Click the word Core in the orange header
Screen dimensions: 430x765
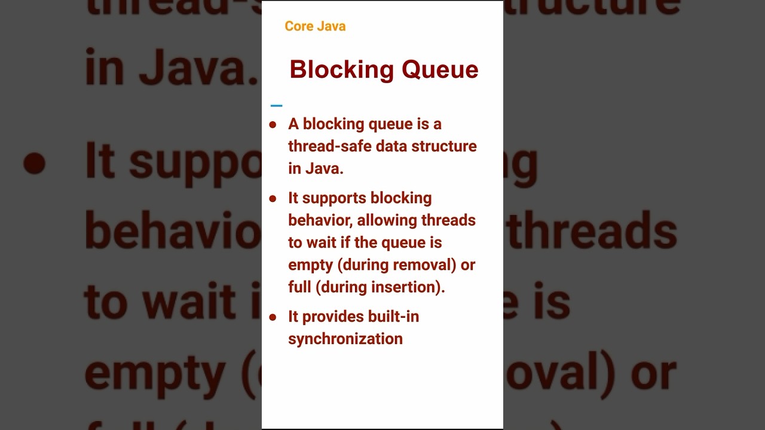[298, 26]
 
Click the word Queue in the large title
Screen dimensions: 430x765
[440, 69]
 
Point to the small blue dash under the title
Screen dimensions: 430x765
[276, 106]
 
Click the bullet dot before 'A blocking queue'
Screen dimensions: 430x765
[273, 125]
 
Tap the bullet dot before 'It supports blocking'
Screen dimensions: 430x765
[273, 198]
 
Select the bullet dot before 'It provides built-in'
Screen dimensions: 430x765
[273, 317]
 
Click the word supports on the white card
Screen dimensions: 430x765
[334, 198]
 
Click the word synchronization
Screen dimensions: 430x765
[345, 339]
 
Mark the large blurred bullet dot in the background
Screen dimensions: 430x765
[34, 164]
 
